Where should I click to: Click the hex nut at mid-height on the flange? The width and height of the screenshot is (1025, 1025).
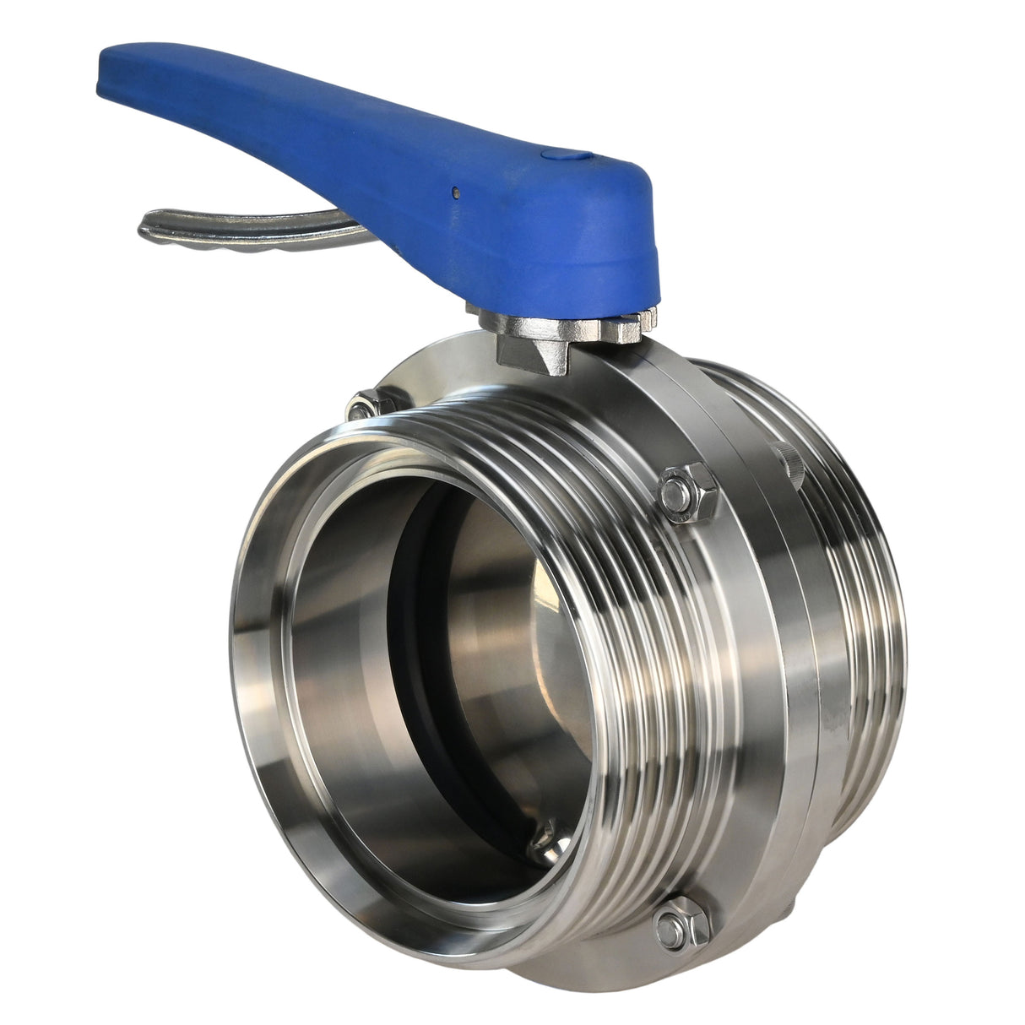[684, 492]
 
